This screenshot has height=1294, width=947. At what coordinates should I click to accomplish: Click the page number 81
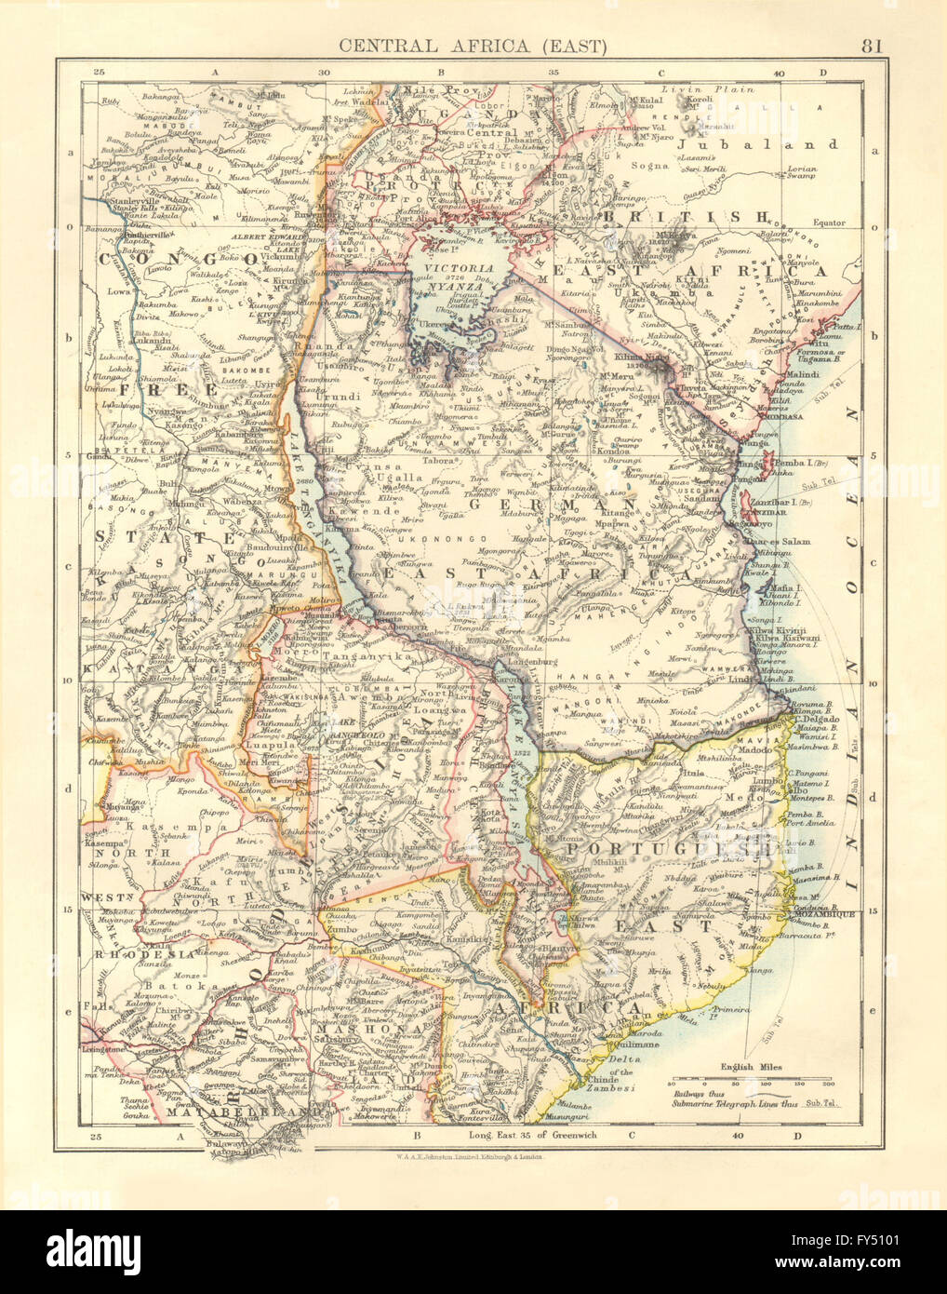click(x=872, y=44)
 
